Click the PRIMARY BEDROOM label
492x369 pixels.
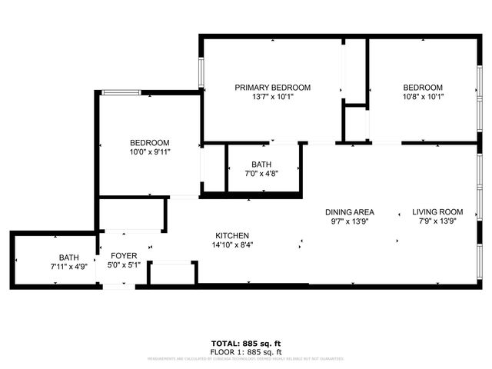point(272,88)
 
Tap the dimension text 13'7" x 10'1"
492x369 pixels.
point(272,97)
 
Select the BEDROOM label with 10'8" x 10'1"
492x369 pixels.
point(423,88)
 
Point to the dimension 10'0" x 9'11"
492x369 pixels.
point(149,152)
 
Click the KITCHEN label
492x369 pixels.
point(231,235)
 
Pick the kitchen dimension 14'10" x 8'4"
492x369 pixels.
point(231,245)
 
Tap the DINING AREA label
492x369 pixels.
point(349,212)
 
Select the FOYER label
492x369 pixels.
point(124,255)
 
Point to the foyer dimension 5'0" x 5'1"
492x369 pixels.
point(124,265)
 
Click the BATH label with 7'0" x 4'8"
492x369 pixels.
point(261,165)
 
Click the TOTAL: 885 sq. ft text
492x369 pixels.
point(246,344)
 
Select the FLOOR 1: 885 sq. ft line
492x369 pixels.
point(246,351)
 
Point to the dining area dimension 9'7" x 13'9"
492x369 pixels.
point(349,221)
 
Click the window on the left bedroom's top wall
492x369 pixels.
point(121,93)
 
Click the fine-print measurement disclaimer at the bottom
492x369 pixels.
point(246,358)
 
